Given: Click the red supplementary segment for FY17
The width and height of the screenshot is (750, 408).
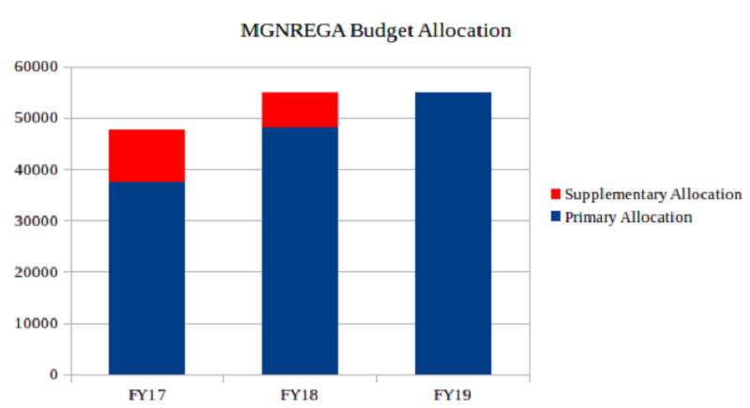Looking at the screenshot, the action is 147,156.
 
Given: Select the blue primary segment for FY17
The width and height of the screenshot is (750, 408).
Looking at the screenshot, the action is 147,279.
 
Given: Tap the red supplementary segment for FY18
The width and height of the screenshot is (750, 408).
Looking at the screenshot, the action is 300,110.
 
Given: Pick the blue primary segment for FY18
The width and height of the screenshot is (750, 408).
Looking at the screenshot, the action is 300,251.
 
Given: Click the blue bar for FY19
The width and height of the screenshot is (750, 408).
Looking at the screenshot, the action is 453,234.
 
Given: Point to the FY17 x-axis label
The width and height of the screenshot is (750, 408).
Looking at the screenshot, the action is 147,395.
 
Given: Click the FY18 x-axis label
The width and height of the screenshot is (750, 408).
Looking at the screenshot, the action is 299,395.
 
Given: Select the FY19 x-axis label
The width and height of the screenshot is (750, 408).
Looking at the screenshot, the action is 453,395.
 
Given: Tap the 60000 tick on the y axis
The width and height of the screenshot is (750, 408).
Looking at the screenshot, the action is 36,67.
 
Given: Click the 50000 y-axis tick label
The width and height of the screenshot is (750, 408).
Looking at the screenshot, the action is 36,118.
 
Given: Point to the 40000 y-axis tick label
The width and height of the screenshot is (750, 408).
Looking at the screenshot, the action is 36,170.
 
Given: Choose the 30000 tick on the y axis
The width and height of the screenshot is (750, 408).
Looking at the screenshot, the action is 36,221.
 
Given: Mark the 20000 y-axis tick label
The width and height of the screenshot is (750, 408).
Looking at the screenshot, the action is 36,272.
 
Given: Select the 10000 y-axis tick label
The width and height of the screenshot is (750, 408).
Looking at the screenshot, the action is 36,324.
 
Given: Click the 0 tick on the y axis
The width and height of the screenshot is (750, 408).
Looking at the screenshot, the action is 53,375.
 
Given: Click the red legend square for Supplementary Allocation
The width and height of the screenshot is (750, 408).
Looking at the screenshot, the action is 555,194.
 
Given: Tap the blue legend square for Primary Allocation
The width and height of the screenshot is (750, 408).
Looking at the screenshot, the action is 555,217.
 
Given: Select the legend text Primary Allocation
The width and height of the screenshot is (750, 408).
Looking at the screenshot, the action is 628,218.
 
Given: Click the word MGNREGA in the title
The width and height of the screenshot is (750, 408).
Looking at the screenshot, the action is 292,31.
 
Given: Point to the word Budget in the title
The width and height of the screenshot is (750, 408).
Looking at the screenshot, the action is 382,32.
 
